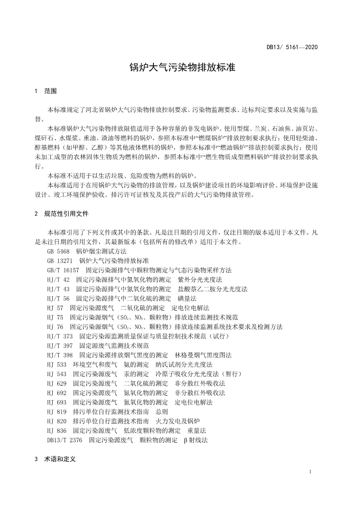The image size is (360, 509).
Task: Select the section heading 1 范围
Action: pyautogui.click(x=45, y=91)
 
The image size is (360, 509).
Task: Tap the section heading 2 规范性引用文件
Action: pyautogui.click(x=61, y=213)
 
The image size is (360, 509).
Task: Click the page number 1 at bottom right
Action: pyautogui.click(x=310, y=472)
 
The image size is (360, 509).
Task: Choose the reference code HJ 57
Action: pyautogui.click(x=54, y=308)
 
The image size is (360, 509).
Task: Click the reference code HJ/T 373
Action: pyautogui.click(x=59, y=336)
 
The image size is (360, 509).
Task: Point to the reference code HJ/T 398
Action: pyautogui.click(x=59, y=355)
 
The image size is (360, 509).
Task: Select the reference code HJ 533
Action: pyautogui.click(x=56, y=364)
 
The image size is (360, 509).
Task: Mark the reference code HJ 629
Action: pyautogui.click(x=56, y=383)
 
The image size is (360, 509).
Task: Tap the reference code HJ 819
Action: pyautogui.click(x=56, y=411)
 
